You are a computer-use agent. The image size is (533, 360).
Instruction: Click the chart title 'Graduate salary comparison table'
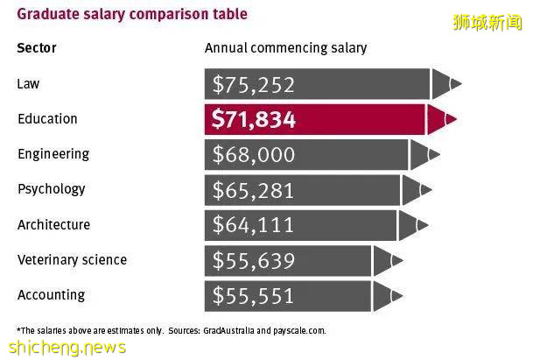131,14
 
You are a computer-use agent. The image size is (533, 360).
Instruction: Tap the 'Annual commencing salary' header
285,47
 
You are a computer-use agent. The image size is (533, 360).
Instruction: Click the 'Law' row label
28,83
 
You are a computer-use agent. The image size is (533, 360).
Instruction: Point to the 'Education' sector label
47,118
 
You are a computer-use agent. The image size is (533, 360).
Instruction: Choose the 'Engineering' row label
53,154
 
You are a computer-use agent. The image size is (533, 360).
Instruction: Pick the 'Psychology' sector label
52,189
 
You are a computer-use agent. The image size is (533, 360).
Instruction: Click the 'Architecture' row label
53,225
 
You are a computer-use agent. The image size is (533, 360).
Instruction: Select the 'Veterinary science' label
72,260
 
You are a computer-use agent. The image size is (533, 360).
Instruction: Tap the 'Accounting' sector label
51,295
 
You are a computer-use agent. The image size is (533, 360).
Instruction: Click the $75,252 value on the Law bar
254,85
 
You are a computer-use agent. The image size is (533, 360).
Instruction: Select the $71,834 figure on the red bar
254,120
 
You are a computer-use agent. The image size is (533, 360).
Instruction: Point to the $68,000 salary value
254,155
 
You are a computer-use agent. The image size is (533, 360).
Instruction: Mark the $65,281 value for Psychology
254,191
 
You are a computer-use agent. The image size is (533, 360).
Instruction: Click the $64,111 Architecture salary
254,226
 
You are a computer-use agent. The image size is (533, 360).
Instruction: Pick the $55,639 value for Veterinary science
254,261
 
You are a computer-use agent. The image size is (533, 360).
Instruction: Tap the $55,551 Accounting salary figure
254,296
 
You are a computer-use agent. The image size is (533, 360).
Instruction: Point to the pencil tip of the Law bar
449,84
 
